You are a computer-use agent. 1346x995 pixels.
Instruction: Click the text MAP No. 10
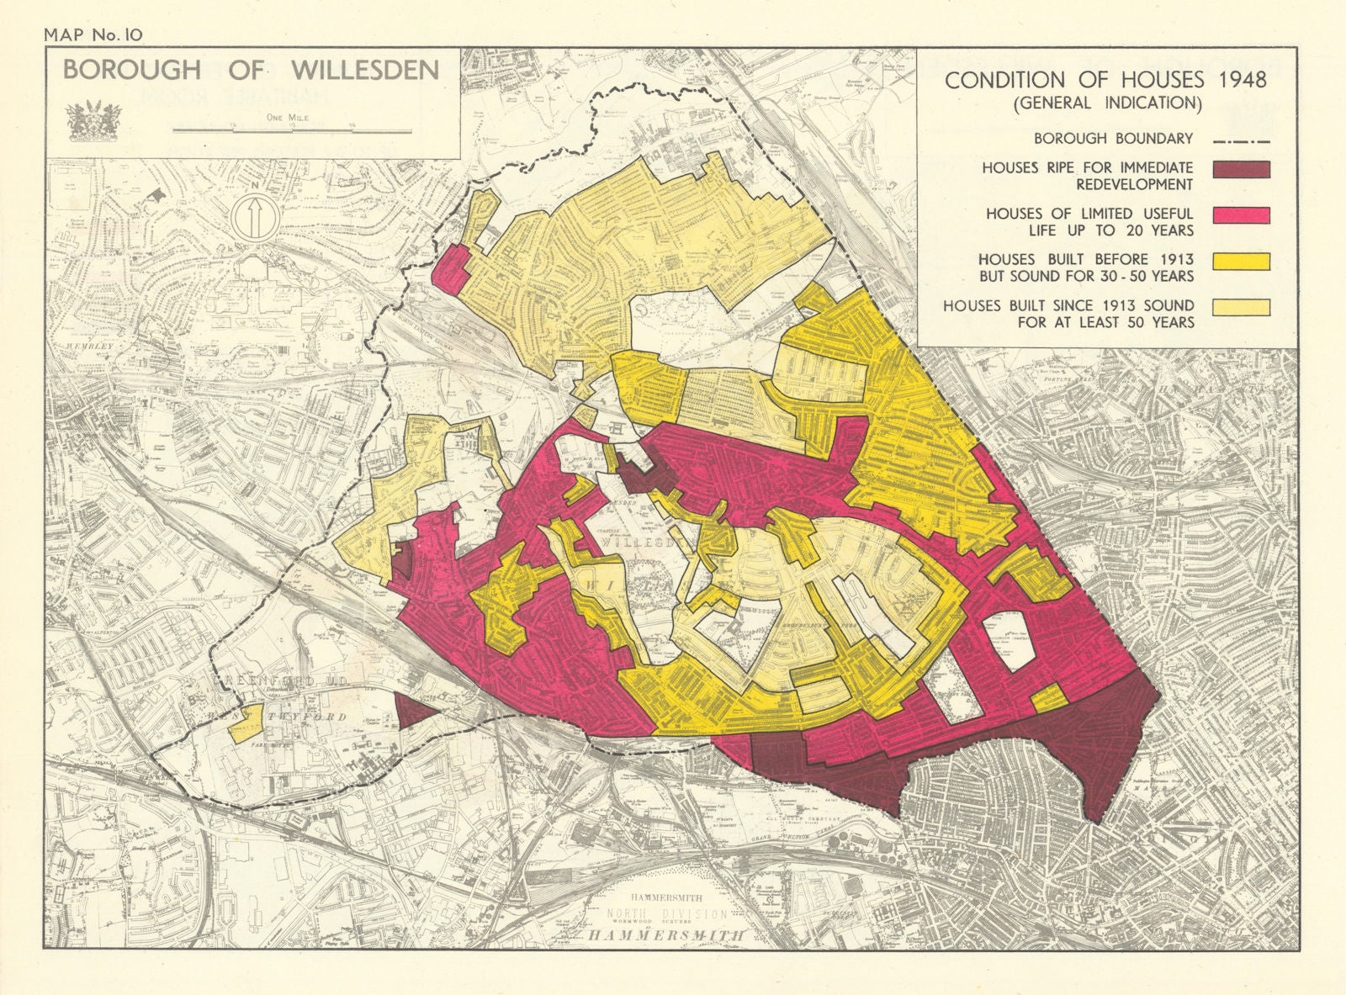pos(93,34)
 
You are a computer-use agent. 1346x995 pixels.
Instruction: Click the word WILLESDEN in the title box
pos(366,71)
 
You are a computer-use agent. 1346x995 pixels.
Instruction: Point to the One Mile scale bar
pos(291,130)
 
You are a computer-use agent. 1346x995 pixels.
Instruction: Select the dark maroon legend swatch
pos(1241,168)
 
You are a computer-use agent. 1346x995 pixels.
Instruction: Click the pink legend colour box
pos(1241,214)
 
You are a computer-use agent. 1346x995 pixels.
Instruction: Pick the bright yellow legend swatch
pos(1241,261)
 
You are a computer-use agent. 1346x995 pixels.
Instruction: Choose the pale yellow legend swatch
pos(1241,307)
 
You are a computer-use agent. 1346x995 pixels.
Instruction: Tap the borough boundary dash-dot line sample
pos(1242,141)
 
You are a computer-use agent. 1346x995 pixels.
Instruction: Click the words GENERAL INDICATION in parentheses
pos(1107,103)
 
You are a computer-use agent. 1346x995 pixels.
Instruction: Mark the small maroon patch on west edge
pos(403,557)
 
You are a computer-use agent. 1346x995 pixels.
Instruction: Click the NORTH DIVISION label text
pos(666,913)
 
